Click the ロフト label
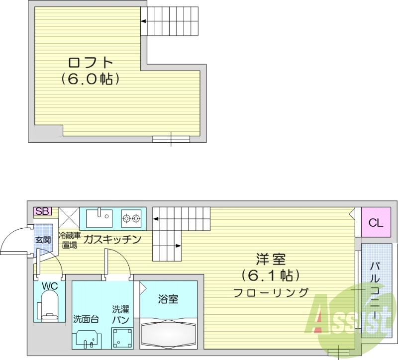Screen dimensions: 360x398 [91, 63]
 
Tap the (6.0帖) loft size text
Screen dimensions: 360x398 [91, 79]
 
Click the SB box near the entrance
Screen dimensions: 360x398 [42, 211]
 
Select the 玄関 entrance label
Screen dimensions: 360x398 [42, 240]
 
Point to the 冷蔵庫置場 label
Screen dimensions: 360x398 [69, 240]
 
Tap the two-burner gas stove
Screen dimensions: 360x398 [132, 217]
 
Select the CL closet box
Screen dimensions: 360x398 [376, 223]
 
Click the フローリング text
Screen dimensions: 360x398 [271, 292]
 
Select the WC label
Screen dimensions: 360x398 [49, 287]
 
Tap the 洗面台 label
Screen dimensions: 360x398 [86, 319]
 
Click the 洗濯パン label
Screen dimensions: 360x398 [120, 313]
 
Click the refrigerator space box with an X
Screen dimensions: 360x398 [69, 217]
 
